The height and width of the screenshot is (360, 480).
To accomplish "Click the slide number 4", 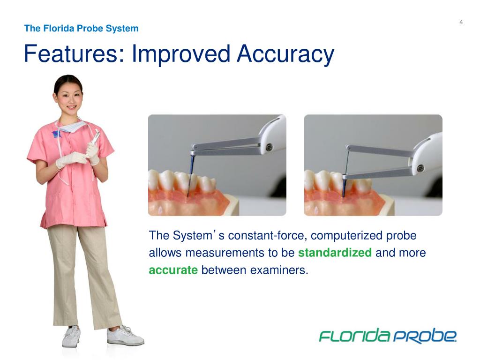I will (461, 22).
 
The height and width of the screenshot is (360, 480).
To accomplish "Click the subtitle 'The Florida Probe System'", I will (81, 28).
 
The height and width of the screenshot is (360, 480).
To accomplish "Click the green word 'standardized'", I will (335, 253).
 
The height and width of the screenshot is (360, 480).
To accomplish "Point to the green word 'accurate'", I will (173, 270).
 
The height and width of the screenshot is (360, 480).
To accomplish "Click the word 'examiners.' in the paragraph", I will (281, 270).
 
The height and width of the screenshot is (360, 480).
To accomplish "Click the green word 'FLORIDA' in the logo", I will (354, 336).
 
